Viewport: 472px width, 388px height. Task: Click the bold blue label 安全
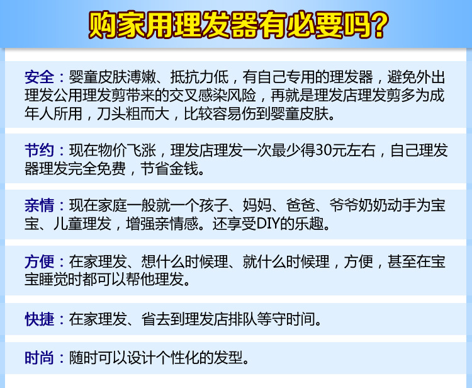pyautogui.click(x=40, y=78)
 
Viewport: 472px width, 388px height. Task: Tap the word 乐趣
pyautogui.click(x=313, y=225)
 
